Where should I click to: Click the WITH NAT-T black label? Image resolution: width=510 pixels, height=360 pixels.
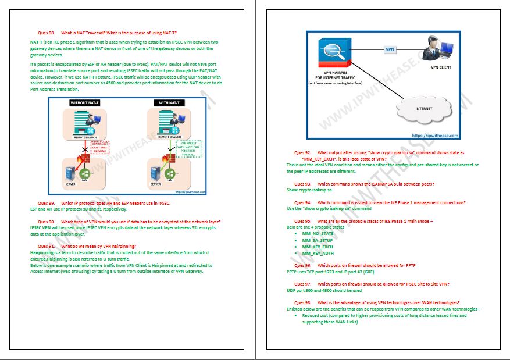[x=169, y=103]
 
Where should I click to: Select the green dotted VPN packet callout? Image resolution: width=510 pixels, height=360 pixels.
[x=188, y=150]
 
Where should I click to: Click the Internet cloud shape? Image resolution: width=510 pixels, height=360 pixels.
[x=423, y=108]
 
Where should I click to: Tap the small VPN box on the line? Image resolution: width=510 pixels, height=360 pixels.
[x=390, y=50]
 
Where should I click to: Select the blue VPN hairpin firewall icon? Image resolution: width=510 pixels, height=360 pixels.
[x=333, y=51]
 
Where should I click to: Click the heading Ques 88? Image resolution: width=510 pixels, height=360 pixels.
[x=46, y=33]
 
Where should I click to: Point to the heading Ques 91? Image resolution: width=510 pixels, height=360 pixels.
[x=46, y=246]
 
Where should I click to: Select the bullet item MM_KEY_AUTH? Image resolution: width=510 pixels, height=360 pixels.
[x=318, y=254]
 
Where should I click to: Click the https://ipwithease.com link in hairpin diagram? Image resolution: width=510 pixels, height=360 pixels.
[x=435, y=135]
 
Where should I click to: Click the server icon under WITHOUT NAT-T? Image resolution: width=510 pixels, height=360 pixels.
[x=69, y=173]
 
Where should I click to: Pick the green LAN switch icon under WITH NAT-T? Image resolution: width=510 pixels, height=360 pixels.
[x=170, y=173]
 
